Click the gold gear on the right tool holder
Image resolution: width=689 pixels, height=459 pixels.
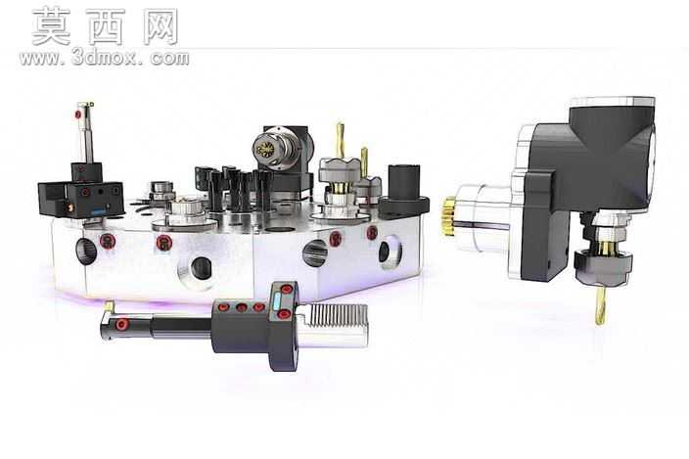pos(449,216)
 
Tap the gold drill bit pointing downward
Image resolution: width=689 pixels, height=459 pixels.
pos(600,304)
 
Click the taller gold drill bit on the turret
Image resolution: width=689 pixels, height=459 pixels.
pos(341,139)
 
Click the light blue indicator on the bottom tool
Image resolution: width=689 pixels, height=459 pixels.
pos(277,301)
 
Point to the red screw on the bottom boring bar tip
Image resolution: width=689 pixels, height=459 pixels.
pos(120,325)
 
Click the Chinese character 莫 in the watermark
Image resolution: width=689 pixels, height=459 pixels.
pos(52,26)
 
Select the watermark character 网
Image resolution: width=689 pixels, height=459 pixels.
pos(161,26)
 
